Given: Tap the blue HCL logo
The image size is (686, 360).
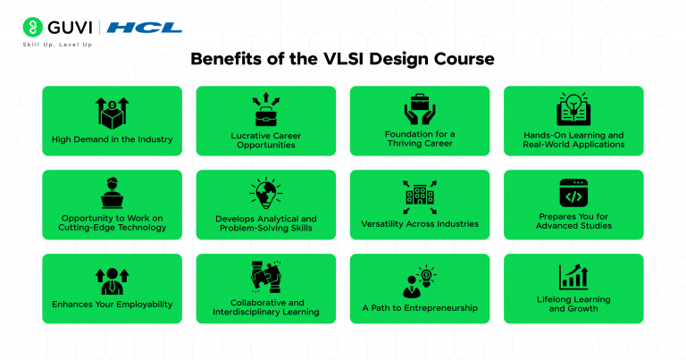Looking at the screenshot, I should [144, 28].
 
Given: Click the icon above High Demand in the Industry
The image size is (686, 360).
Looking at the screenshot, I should [112, 113].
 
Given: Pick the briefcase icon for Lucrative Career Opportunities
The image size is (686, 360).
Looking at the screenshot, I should [265, 110].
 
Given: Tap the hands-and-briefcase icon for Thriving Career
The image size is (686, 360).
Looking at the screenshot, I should [419, 110].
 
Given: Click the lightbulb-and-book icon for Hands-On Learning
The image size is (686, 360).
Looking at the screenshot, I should [573, 110].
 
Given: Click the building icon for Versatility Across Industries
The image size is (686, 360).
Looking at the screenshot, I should [419, 195].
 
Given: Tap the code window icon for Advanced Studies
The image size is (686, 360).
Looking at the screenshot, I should [573, 194].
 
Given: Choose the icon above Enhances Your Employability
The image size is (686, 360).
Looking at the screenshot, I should [112, 278].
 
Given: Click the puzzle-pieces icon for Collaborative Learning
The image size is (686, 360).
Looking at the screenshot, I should [265, 277].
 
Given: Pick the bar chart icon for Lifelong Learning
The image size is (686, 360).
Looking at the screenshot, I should [573, 276].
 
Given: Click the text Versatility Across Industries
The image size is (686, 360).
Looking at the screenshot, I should [419, 223].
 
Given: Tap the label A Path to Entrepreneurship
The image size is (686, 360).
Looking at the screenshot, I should [419, 307].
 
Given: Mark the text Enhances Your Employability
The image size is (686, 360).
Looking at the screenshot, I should [112, 305].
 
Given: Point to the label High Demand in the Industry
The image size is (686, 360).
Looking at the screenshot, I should [112, 139].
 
